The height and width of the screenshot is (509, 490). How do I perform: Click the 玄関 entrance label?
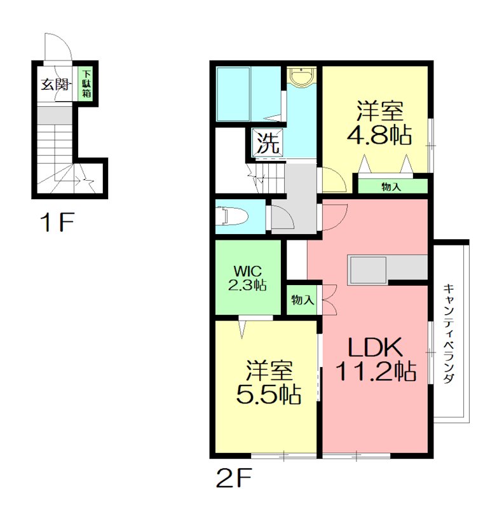coord(55,85)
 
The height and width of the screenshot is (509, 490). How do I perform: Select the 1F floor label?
coord(57,222)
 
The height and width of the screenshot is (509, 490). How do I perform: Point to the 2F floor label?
coord(234,478)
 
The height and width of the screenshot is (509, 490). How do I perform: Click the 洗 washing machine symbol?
coord(268,143)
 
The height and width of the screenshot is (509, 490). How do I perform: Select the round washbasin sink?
coord(302,77)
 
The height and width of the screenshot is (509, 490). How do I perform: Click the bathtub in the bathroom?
coord(233,94)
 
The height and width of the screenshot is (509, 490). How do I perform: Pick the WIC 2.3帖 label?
coord(247,278)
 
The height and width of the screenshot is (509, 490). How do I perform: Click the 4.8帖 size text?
coord(379,134)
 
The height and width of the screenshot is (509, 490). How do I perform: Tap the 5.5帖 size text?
coord(268,394)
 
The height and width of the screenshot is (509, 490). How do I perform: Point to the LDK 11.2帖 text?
coord(376,359)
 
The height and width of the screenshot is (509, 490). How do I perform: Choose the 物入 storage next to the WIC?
coord(303,300)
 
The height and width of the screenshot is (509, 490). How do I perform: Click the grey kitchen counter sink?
coord(367,270)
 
